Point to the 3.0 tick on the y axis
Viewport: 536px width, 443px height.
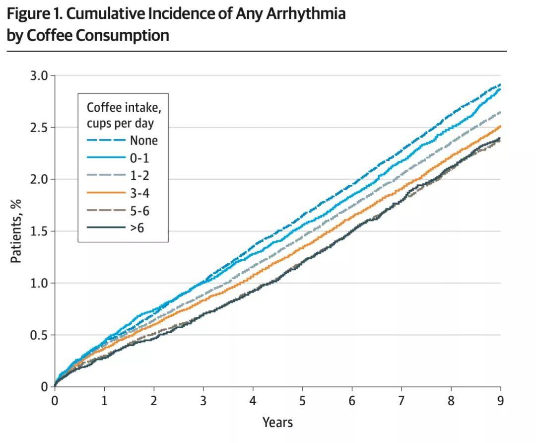pyautogui.click(x=39, y=75)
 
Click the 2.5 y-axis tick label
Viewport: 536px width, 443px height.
pyautogui.click(x=39, y=128)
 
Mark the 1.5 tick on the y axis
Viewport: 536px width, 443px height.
pyautogui.click(x=39, y=231)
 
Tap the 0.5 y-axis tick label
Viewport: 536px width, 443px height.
pyautogui.click(x=39, y=335)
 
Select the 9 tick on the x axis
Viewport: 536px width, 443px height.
pyautogui.click(x=500, y=401)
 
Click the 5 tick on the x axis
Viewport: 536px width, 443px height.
pyautogui.click(x=303, y=401)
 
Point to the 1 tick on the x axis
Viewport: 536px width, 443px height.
pyautogui.click(x=104, y=401)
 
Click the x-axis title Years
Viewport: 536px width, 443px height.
pyautogui.click(x=277, y=423)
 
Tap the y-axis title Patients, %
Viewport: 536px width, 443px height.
pyautogui.click(x=16, y=231)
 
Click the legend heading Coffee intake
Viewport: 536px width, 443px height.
pyautogui.click(x=124, y=108)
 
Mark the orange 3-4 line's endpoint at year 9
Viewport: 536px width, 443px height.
pyautogui.click(x=500, y=126)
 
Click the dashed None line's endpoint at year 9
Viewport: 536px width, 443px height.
pyautogui.click(x=500, y=84)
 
